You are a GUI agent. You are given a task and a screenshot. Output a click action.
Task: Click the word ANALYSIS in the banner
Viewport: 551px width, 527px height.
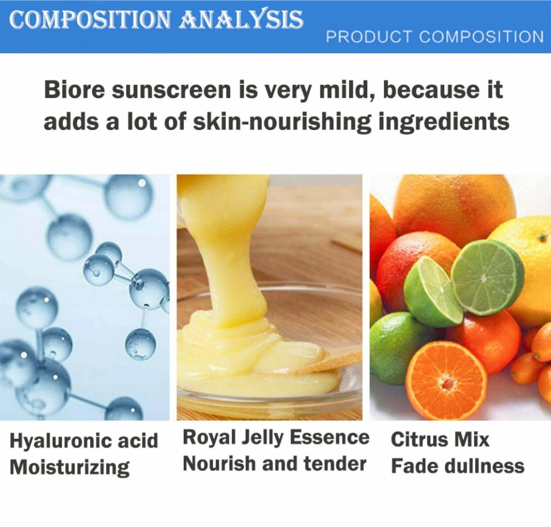243,20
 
